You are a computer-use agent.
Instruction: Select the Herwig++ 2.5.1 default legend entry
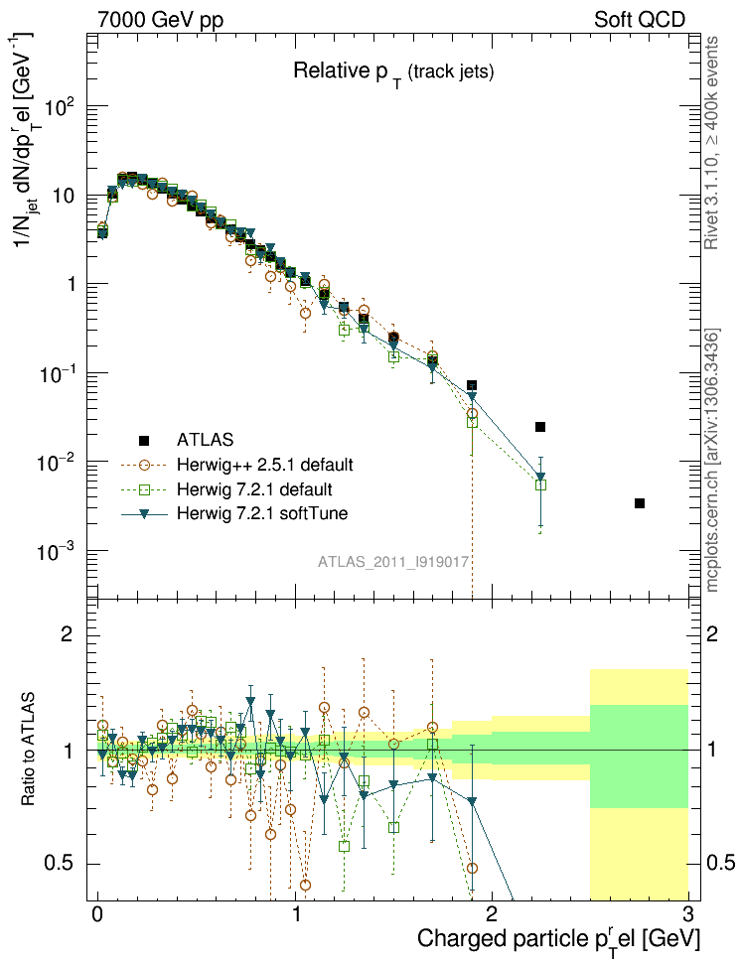click(x=264, y=464)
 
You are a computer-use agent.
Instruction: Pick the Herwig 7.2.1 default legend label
click(x=253, y=489)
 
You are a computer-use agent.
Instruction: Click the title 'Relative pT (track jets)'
click(x=392, y=71)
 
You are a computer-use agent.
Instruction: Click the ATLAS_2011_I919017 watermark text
click(x=393, y=562)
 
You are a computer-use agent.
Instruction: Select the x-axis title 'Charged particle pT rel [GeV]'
click(x=559, y=938)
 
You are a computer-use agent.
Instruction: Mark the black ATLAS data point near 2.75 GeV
click(x=640, y=503)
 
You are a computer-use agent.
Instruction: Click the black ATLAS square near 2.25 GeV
click(x=540, y=427)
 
